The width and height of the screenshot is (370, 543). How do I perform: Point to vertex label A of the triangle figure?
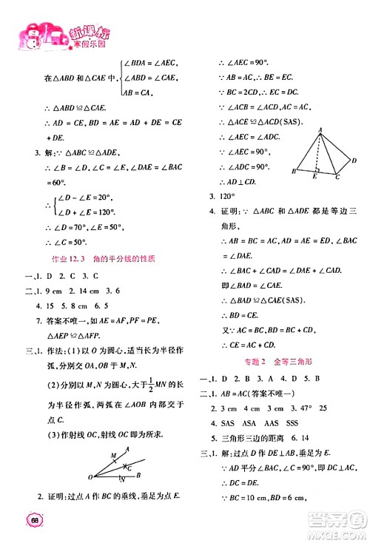pyautogui.click(x=320, y=129)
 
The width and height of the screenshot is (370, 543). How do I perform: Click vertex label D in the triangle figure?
pyautogui.click(x=354, y=161)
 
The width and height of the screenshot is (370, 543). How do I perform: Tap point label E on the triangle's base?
pyautogui.click(x=316, y=178)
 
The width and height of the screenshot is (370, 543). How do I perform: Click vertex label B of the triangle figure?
pyautogui.click(x=295, y=172)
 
